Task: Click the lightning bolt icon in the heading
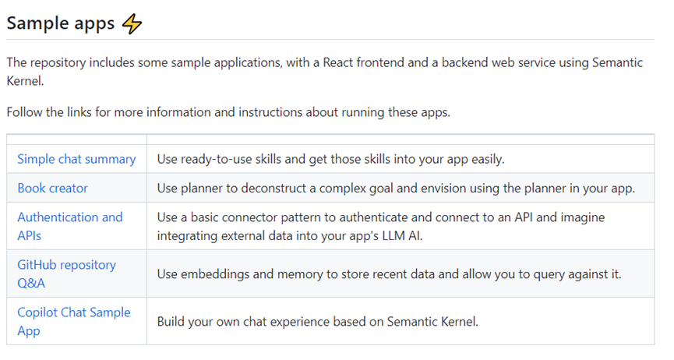click(132, 23)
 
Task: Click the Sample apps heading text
click(61, 23)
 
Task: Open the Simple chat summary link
click(76, 159)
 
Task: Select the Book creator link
click(52, 188)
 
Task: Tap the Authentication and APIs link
click(69, 226)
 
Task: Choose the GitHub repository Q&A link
click(66, 274)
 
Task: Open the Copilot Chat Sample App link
click(73, 321)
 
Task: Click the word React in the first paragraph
click(338, 63)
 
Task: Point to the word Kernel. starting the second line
click(26, 81)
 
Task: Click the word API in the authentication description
click(524, 217)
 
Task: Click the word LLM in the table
click(394, 235)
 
